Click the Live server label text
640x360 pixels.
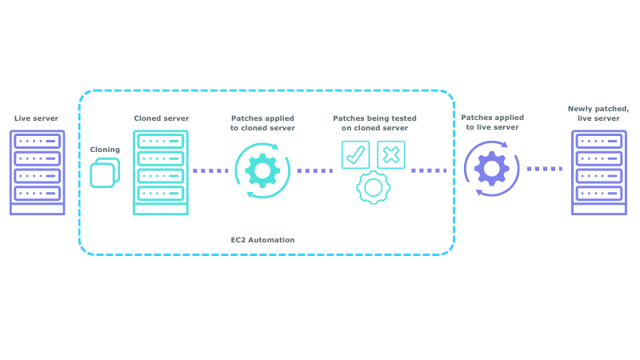37,118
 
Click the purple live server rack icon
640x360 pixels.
37,173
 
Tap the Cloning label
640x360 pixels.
105,149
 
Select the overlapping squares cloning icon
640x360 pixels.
105,173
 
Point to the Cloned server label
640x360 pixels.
162,118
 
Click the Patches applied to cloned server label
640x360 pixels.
262,123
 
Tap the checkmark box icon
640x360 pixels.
355,154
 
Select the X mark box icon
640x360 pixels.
391,154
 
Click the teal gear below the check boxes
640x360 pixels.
372,187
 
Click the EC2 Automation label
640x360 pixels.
262,239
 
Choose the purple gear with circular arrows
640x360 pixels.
490,169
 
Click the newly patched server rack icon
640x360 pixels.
598,173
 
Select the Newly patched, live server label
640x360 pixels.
598,113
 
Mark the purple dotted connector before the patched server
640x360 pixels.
545,169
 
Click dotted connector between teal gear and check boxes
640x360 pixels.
314,170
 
